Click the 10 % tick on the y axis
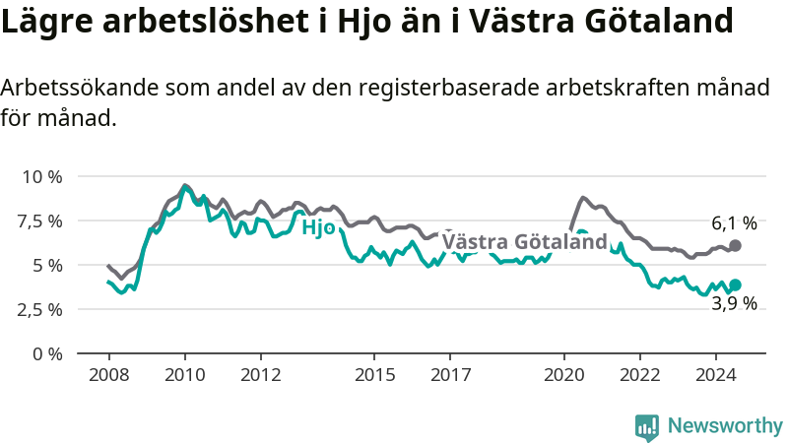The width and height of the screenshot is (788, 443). coord(42,177)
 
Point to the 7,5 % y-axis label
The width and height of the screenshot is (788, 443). coord(40,221)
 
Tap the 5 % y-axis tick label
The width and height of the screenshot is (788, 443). coord(47,265)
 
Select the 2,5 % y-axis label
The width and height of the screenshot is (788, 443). coord(40,309)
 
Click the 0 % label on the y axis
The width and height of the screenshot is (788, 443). coord(47,354)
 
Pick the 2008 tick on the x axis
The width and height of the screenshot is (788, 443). coord(109,375)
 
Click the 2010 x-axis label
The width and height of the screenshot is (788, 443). coord(185,375)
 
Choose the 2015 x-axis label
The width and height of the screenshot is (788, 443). coord(374,375)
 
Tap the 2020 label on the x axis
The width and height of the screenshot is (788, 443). coord(563,375)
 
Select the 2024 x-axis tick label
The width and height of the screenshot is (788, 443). coord(716,375)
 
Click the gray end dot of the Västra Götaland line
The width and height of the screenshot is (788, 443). coord(735,245)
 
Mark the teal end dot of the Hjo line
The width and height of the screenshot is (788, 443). coord(735,285)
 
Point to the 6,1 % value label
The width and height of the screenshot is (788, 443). coord(734,223)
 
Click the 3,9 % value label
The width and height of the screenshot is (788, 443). coord(734,303)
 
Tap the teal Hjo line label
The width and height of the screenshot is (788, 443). coord(318,227)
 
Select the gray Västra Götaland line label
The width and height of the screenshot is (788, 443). coord(525,241)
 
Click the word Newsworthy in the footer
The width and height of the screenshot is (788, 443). coord(725,425)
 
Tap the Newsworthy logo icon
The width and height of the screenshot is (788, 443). coord(647,427)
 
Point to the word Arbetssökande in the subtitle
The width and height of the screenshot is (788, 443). coord(80,88)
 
